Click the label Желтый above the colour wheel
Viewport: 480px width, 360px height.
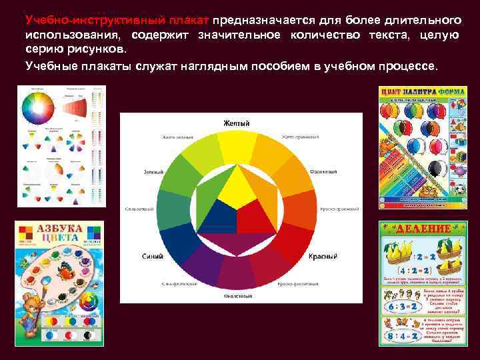pyautogui.click(x=236, y=123)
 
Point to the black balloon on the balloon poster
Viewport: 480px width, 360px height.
pyautogui.click(x=435, y=167)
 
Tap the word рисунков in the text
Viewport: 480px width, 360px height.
pyautogui.click(x=97, y=50)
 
